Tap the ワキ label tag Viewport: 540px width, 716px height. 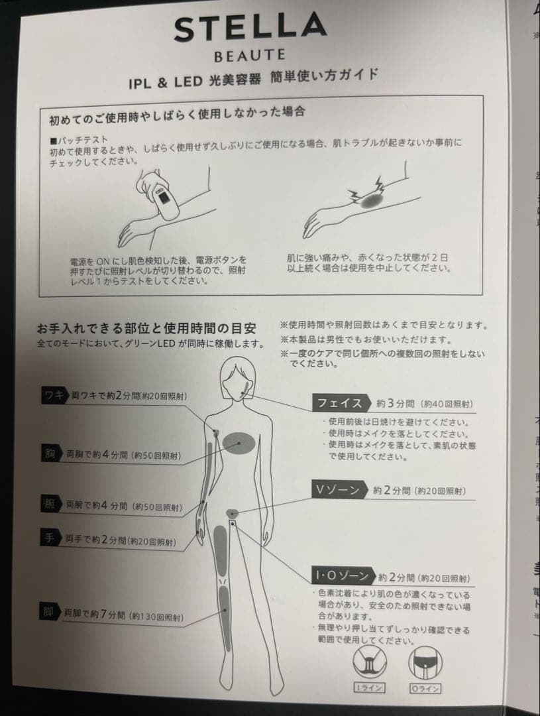tap(55, 395)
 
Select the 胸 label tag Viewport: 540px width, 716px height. tap(51, 453)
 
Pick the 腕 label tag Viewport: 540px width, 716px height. tap(50, 504)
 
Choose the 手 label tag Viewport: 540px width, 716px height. tap(50, 538)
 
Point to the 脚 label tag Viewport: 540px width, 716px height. tap(49, 612)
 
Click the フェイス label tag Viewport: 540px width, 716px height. tap(340, 403)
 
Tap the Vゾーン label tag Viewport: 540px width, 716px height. tap(339, 489)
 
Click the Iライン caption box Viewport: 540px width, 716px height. tap(369, 687)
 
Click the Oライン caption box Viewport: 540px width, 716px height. tap(425, 688)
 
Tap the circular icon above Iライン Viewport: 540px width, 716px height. tap(369, 662)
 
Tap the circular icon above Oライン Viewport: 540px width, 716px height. tap(425, 662)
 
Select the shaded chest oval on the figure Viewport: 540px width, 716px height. tap(239, 443)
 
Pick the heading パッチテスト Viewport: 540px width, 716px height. tap(80, 140)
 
